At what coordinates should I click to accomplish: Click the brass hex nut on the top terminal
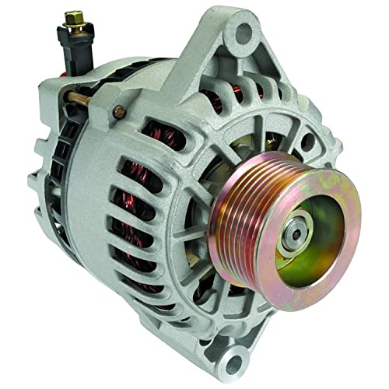click(75, 16)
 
